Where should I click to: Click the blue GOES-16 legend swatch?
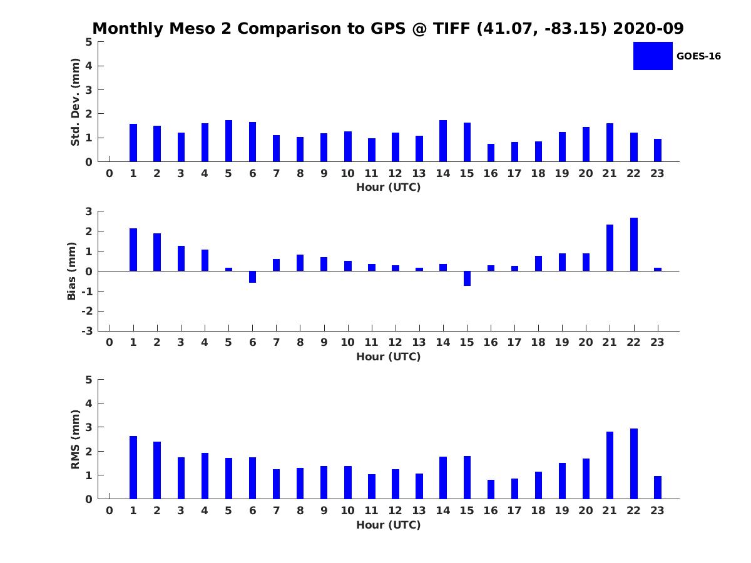[653, 56]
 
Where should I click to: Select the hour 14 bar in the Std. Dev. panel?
[442, 141]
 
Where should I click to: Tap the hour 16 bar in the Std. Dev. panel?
[491, 153]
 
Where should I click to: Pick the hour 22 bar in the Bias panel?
[633, 244]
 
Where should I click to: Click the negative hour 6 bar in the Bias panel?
[252, 277]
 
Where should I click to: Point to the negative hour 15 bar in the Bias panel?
[467, 278]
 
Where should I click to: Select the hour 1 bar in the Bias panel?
[133, 250]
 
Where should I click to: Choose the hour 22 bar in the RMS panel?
[633, 464]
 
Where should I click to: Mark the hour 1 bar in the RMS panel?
[133, 467]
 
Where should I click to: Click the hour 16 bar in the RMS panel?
[491, 489]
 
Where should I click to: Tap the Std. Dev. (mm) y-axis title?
[75, 102]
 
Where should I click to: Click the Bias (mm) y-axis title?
[71, 271]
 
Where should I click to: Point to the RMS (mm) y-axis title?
[75, 439]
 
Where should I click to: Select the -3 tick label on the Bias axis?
[87, 331]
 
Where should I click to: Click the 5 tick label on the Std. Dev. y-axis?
[89, 42]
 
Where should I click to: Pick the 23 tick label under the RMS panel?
[657, 510]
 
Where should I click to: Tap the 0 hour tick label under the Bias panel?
[109, 342]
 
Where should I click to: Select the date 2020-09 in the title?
[648, 28]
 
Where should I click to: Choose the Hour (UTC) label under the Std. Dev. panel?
[389, 187]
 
